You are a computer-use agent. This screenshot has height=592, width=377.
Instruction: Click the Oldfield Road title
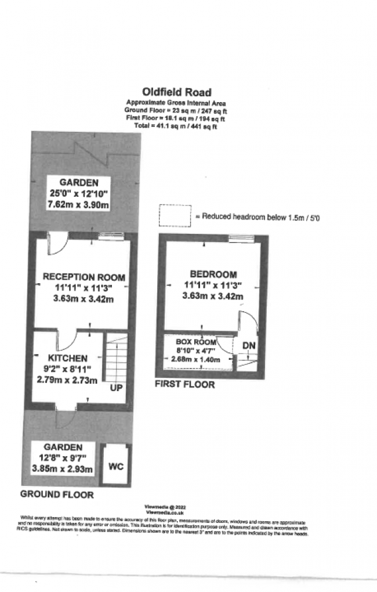177,92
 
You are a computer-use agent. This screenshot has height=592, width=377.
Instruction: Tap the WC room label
116,466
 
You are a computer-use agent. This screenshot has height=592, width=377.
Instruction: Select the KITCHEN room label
68,358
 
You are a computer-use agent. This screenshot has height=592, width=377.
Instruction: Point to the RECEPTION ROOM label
84,277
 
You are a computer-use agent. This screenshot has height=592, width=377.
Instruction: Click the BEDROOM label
213,274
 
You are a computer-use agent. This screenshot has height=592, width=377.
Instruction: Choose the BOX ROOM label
195,342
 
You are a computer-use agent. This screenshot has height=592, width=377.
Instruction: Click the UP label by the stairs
116,387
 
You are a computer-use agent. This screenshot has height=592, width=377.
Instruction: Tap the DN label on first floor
249,346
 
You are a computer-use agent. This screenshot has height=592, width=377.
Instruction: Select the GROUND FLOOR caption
57,494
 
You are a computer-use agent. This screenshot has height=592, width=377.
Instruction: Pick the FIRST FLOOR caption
184,384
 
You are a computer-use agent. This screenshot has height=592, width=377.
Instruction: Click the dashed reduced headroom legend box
175,215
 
